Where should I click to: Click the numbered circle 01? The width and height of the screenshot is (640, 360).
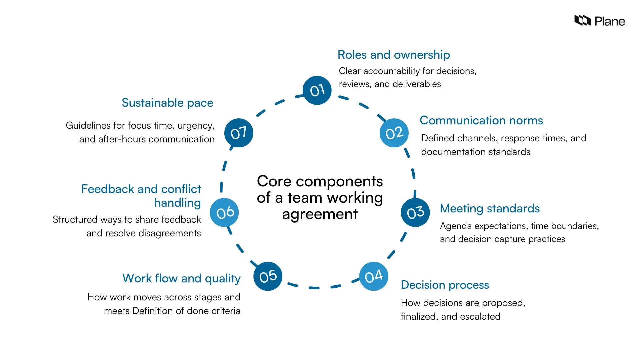click(317, 90)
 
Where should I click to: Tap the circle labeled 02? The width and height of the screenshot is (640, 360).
click(394, 133)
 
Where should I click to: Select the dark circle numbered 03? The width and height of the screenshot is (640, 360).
click(415, 213)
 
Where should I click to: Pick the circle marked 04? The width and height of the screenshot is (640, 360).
click(374, 276)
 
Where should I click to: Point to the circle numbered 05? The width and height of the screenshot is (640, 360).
click(268, 276)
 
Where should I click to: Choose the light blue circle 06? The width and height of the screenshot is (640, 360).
click(225, 213)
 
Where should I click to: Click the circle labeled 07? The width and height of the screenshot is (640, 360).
click(239, 133)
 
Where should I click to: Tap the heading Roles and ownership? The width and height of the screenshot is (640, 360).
click(394, 55)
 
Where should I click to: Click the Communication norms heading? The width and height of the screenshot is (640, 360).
click(481, 120)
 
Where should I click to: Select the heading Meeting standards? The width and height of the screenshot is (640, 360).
click(489, 208)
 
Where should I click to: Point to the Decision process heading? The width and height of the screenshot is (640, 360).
click(445, 285)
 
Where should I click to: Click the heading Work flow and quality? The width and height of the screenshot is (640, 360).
click(181, 278)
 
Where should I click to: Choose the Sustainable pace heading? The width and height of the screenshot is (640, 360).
click(167, 103)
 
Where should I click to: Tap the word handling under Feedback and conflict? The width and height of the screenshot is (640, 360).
click(177, 203)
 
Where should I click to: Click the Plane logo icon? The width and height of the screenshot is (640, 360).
click(582, 21)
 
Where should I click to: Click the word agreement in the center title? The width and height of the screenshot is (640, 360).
click(320, 214)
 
